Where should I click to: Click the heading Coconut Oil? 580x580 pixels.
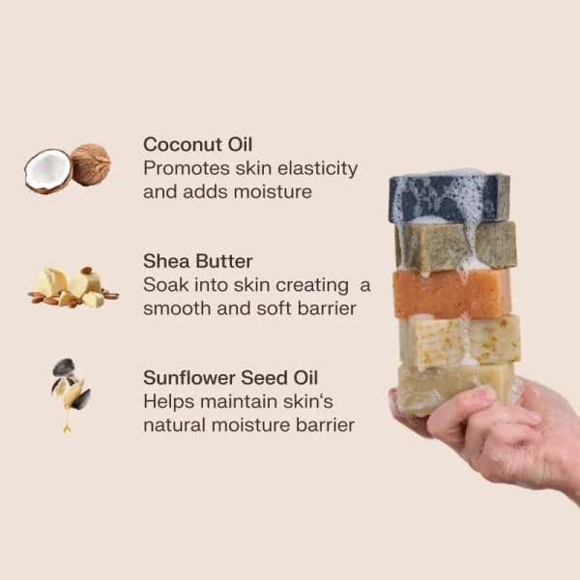pos(197,144)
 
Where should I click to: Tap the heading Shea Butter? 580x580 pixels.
pos(197,261)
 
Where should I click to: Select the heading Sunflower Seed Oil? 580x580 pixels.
pos(230,378)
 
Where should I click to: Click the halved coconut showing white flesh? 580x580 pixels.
pos(47,171)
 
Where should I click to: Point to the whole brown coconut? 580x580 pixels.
pos(90,164)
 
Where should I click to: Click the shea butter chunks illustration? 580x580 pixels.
pos(72,287)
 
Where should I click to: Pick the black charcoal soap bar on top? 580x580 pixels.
pos(449,197)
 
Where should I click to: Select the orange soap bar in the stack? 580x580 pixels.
pos(452,293)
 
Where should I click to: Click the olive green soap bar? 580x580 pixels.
pos(455,246)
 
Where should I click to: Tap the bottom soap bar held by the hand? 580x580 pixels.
pos(455,389)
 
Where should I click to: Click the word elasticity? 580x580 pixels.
pos(317,168)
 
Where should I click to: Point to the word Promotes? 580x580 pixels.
pos(187,168)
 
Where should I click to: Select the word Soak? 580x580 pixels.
pos(165,285)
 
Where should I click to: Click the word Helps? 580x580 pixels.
pos(168,402)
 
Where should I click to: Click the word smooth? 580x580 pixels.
pos(177,308)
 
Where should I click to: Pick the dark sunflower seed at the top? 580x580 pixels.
pos(63,367)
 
